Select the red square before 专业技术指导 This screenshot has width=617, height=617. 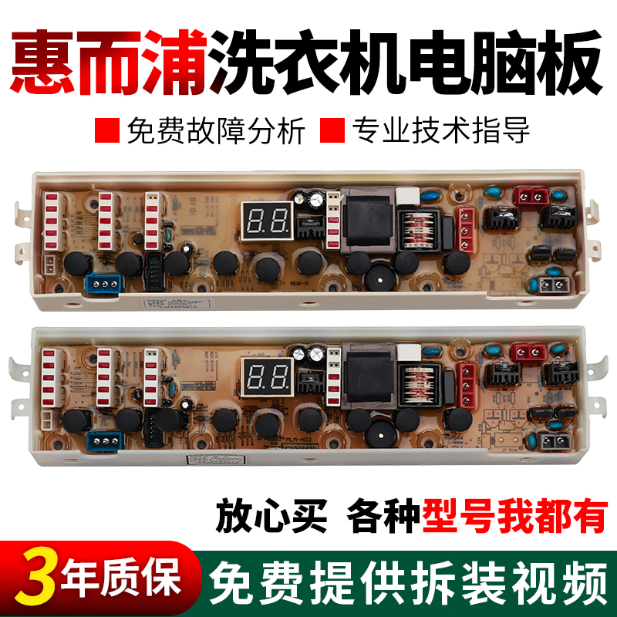pyautogui.click(x=334, y=130)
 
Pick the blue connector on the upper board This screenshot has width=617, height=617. pyautogui.click(x=102, y=282)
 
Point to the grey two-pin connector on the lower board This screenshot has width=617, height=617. pyautogui.click(x=552, y=442)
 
